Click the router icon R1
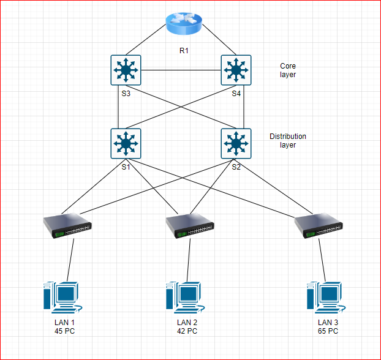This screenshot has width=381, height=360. tap(183, 24)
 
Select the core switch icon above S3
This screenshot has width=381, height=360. tap(126, 70)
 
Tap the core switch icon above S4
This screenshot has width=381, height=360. tap(236, 70)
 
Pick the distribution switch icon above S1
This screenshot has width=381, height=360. tap(126, 143)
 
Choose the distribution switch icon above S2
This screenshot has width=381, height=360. tap(236, 143)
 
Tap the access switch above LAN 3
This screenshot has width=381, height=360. tap(319, 227)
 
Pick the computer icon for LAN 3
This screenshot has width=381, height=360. tap(324, 298)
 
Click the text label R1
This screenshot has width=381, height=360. tap(184, 50)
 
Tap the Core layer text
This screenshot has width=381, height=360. tap(288, 70)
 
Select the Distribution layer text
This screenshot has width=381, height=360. tap(287, 140)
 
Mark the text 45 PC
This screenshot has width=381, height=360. tap(65, 331)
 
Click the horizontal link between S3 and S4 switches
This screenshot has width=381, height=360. tap(181, 70)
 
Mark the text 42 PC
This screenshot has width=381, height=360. tap(187, 331)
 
